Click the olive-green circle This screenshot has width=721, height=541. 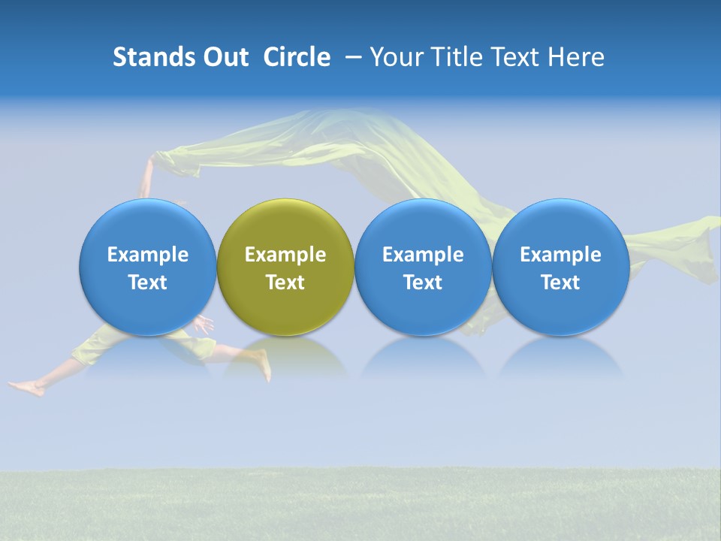click(x=285, y=225)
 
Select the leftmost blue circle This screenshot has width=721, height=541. click(x=148, y=225)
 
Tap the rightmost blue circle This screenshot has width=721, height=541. click(x=560, y=225)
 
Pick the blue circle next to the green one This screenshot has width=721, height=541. click(x=423, y=225)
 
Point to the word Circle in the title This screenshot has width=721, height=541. click(x=297, y=57)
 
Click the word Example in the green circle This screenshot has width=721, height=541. click(x=285, y=255)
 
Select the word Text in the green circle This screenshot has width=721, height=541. click(x=285, y=283)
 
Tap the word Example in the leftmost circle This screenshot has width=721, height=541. click(x=148, y=255)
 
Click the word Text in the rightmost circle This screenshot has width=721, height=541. click(x=560, y=283)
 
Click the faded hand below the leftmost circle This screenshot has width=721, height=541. click(x=203, y=325)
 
